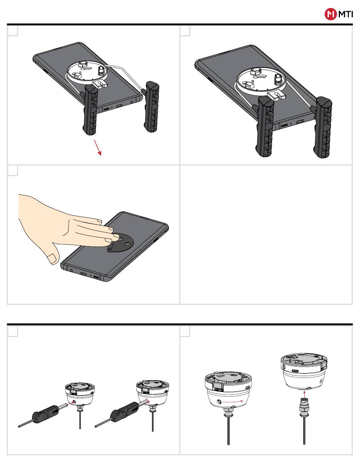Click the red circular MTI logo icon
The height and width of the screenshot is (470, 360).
click(330, 14)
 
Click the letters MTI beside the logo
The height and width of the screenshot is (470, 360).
click(345, 14)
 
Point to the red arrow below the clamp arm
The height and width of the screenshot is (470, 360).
click(97, 147)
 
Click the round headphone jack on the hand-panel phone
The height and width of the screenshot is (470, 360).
click(72, 270)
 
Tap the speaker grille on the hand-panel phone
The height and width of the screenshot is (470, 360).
click(96, 277)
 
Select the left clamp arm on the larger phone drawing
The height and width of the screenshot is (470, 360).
click(265, 126)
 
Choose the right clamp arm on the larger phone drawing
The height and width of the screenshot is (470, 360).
click(322, 127)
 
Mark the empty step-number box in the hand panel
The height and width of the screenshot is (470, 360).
click(13, 170)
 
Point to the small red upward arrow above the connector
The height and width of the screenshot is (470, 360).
click(304, 394)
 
